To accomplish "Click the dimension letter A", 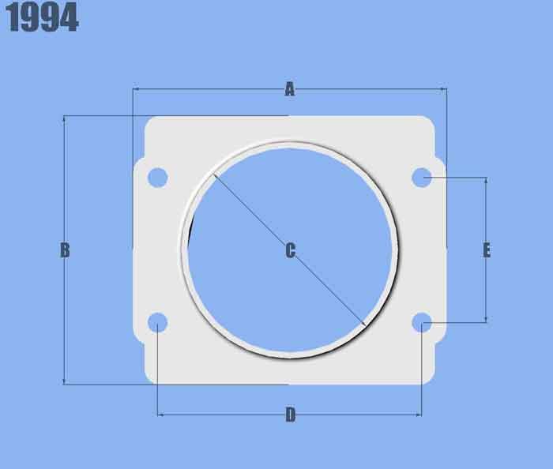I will [290, 90].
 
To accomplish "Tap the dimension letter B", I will [65, 250].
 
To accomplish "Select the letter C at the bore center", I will [290, 251].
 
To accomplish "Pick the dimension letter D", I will [290, 415].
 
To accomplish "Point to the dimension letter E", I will [487, 250].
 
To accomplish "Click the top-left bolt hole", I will [157, 178].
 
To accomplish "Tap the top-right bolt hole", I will [422, 178].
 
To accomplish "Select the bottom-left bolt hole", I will [158, 322].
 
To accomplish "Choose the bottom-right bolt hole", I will [422, 322].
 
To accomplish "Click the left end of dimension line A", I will [133, 89].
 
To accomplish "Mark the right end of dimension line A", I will [446, 89].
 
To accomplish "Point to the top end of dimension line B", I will [64, 116].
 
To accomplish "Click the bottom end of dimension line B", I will [64, 385].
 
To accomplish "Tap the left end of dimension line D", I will [158, 414].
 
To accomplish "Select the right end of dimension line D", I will [421, 414].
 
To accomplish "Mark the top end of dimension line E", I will [486, 178].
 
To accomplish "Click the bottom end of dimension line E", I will [486, 322].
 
